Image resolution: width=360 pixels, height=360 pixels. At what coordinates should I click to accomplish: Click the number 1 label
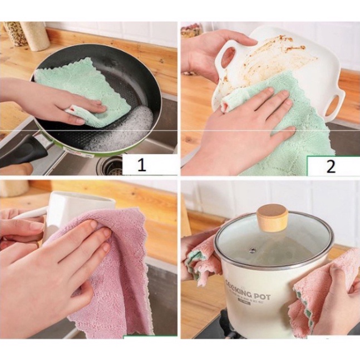[142, 165]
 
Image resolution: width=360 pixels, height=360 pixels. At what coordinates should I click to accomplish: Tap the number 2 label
[331, 166]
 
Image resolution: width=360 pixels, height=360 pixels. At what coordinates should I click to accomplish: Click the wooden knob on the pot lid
[272, 217]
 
